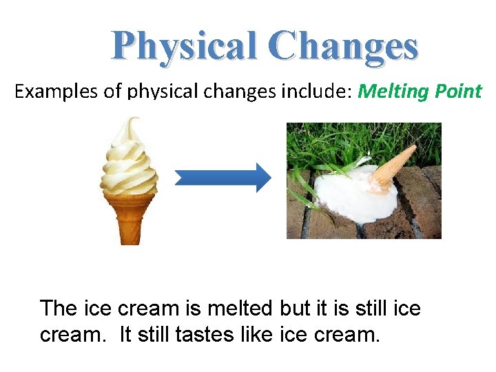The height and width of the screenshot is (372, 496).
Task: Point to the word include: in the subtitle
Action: pos(318,92)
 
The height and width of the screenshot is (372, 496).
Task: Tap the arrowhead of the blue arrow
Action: pos(260,178)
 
